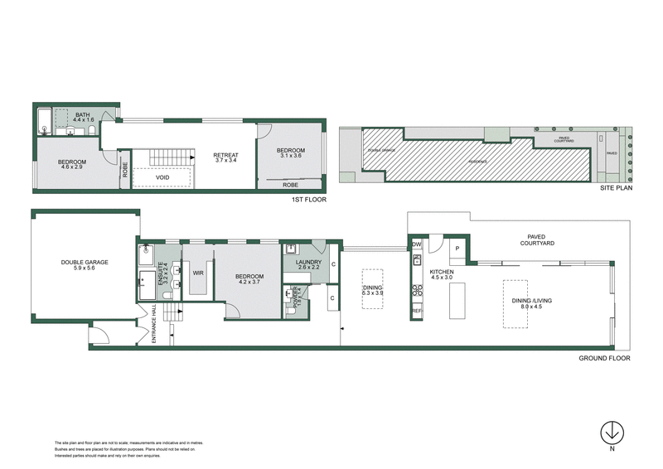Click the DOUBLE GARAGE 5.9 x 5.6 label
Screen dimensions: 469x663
(85, 266)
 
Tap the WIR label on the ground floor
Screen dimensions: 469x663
(198, 272)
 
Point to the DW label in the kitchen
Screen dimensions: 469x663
(417, 244)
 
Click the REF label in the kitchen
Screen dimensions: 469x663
(417, 311)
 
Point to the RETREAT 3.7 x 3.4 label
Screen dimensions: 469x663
(226, 157)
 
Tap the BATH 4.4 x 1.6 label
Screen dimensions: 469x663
(84, 118)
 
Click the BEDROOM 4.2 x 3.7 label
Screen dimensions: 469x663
(249, 279)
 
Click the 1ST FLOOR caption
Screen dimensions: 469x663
(308, 200)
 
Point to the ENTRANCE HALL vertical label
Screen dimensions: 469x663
(154, 326)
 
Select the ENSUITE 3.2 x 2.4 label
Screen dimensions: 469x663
(164, 274)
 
